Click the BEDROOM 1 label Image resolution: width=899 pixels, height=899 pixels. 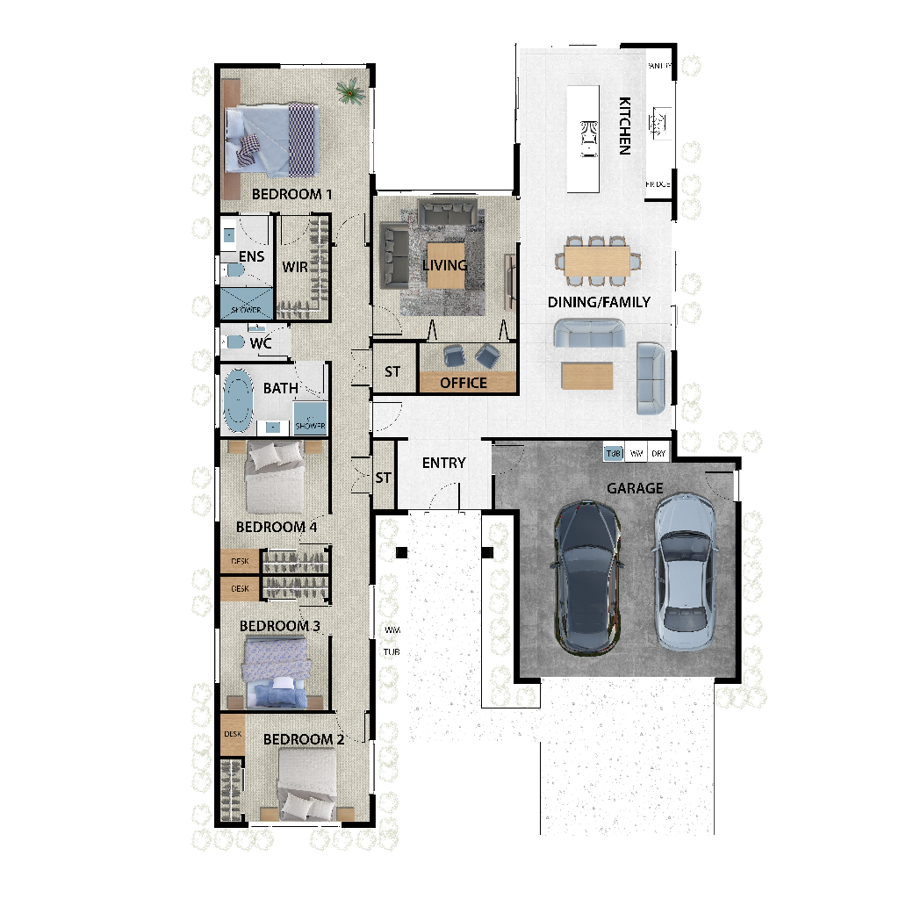click(x=291, y=194)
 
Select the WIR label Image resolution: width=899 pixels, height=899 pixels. click(x=295, y=266)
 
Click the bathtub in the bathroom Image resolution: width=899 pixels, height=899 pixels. click(x=238, y=399)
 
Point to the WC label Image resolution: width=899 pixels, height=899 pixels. click(x=261, y=343)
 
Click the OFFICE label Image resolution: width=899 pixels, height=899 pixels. click(x=464, y=383)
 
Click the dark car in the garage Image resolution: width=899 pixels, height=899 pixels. click(x=586, y=576)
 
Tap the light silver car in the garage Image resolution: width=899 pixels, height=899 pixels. click(x=685, y=571)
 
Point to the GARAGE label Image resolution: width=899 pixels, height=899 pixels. click(x=635, y=488)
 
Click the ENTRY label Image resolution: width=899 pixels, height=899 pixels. click(x=443, y=463)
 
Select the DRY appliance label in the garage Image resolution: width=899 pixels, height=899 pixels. click(x=658, y=454)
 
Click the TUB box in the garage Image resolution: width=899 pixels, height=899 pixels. click(x=614, y=454)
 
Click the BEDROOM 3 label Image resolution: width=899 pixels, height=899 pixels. click(x=280, y=626)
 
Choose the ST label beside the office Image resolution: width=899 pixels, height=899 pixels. click(x=392, y=372)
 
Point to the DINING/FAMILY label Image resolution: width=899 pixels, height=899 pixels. click(x=599, y=302)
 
